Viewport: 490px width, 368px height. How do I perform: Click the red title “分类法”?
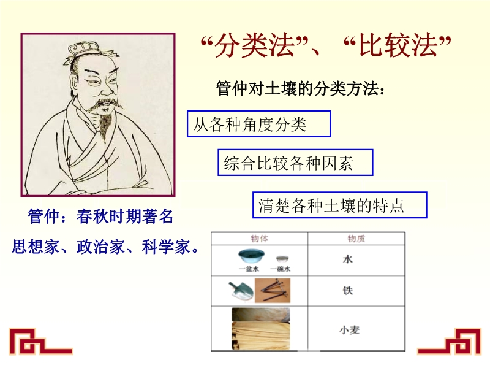[254, 45]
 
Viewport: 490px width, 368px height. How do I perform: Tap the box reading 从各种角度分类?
[258, 124]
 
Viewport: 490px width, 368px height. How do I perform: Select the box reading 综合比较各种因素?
[295, 163]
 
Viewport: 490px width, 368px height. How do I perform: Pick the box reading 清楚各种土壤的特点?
[340, 205]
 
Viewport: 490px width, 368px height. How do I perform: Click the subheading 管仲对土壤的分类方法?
[300, 88]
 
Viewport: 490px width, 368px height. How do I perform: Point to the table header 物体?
[259, 239]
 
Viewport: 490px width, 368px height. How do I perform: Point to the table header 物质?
[356, 239]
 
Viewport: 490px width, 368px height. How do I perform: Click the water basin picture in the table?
[251, 256]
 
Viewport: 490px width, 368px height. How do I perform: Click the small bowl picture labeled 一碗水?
[282, 259]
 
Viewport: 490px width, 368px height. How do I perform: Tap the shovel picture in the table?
[240, 291]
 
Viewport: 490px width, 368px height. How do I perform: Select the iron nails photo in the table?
[273, 291]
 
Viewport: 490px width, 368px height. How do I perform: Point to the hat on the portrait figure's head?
[85, 51]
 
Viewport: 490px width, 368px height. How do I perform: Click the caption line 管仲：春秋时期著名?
[100, 217]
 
